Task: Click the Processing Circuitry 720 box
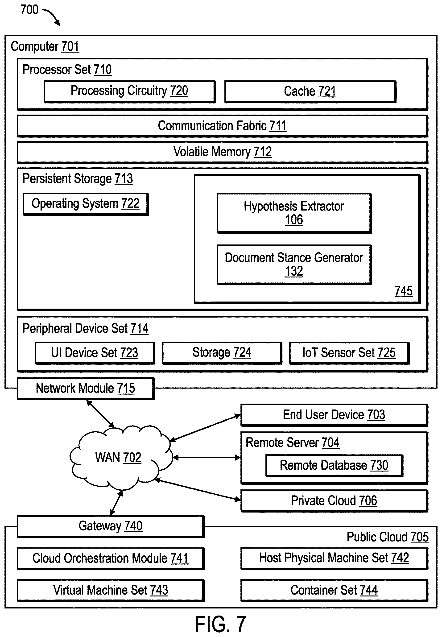coord(130,92)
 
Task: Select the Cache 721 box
coord(310,92)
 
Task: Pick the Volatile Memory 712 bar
coord(222,152)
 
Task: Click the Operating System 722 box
coord(86,204)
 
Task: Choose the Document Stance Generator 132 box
coord(294,265)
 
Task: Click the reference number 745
coord(404,291)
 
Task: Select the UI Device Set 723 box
coord(95,353)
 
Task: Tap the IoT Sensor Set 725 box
coord(349,353)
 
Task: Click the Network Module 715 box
coord(86,389)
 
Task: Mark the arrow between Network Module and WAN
coord(100,414)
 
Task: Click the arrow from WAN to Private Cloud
coord(198,490)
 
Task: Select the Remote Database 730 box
coord(334,466)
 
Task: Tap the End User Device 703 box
coord(334,415)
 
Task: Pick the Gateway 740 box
coord(111,526)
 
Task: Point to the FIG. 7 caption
coord(221,624)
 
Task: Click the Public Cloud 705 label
coord(388,537)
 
